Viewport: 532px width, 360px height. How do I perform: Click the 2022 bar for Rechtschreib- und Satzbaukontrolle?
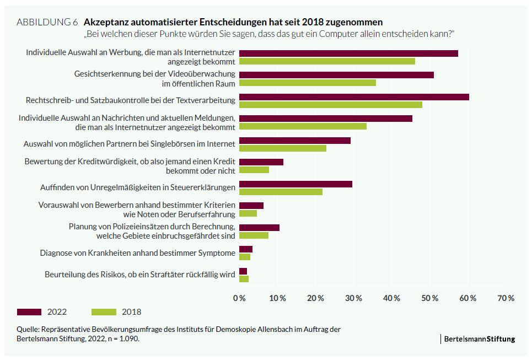click(354, 97)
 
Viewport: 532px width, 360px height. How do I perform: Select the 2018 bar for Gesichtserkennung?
click(308, 83)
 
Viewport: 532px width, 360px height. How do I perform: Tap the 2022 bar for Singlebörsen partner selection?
click(295, 141)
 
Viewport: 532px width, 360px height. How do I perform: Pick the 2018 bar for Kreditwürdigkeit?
click(254, 170)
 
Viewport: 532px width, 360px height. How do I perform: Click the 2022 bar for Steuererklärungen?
click(295, 184)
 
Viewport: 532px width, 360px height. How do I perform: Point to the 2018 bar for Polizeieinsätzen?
click(254, 235)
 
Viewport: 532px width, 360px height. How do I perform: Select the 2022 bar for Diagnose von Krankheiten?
click(246, 249)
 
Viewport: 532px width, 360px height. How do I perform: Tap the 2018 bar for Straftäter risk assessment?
click(244, 278)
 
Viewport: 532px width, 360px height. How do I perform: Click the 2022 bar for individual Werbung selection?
click(348, 53)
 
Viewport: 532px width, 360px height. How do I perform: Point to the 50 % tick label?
click(429, 298)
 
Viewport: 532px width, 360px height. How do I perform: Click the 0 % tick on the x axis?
click(240, 298)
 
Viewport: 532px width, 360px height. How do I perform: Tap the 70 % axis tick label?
click(506, 298)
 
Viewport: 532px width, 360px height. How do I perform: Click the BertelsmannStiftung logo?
click(480, 339)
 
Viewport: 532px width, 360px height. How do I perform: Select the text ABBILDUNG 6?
click(47, 23)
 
